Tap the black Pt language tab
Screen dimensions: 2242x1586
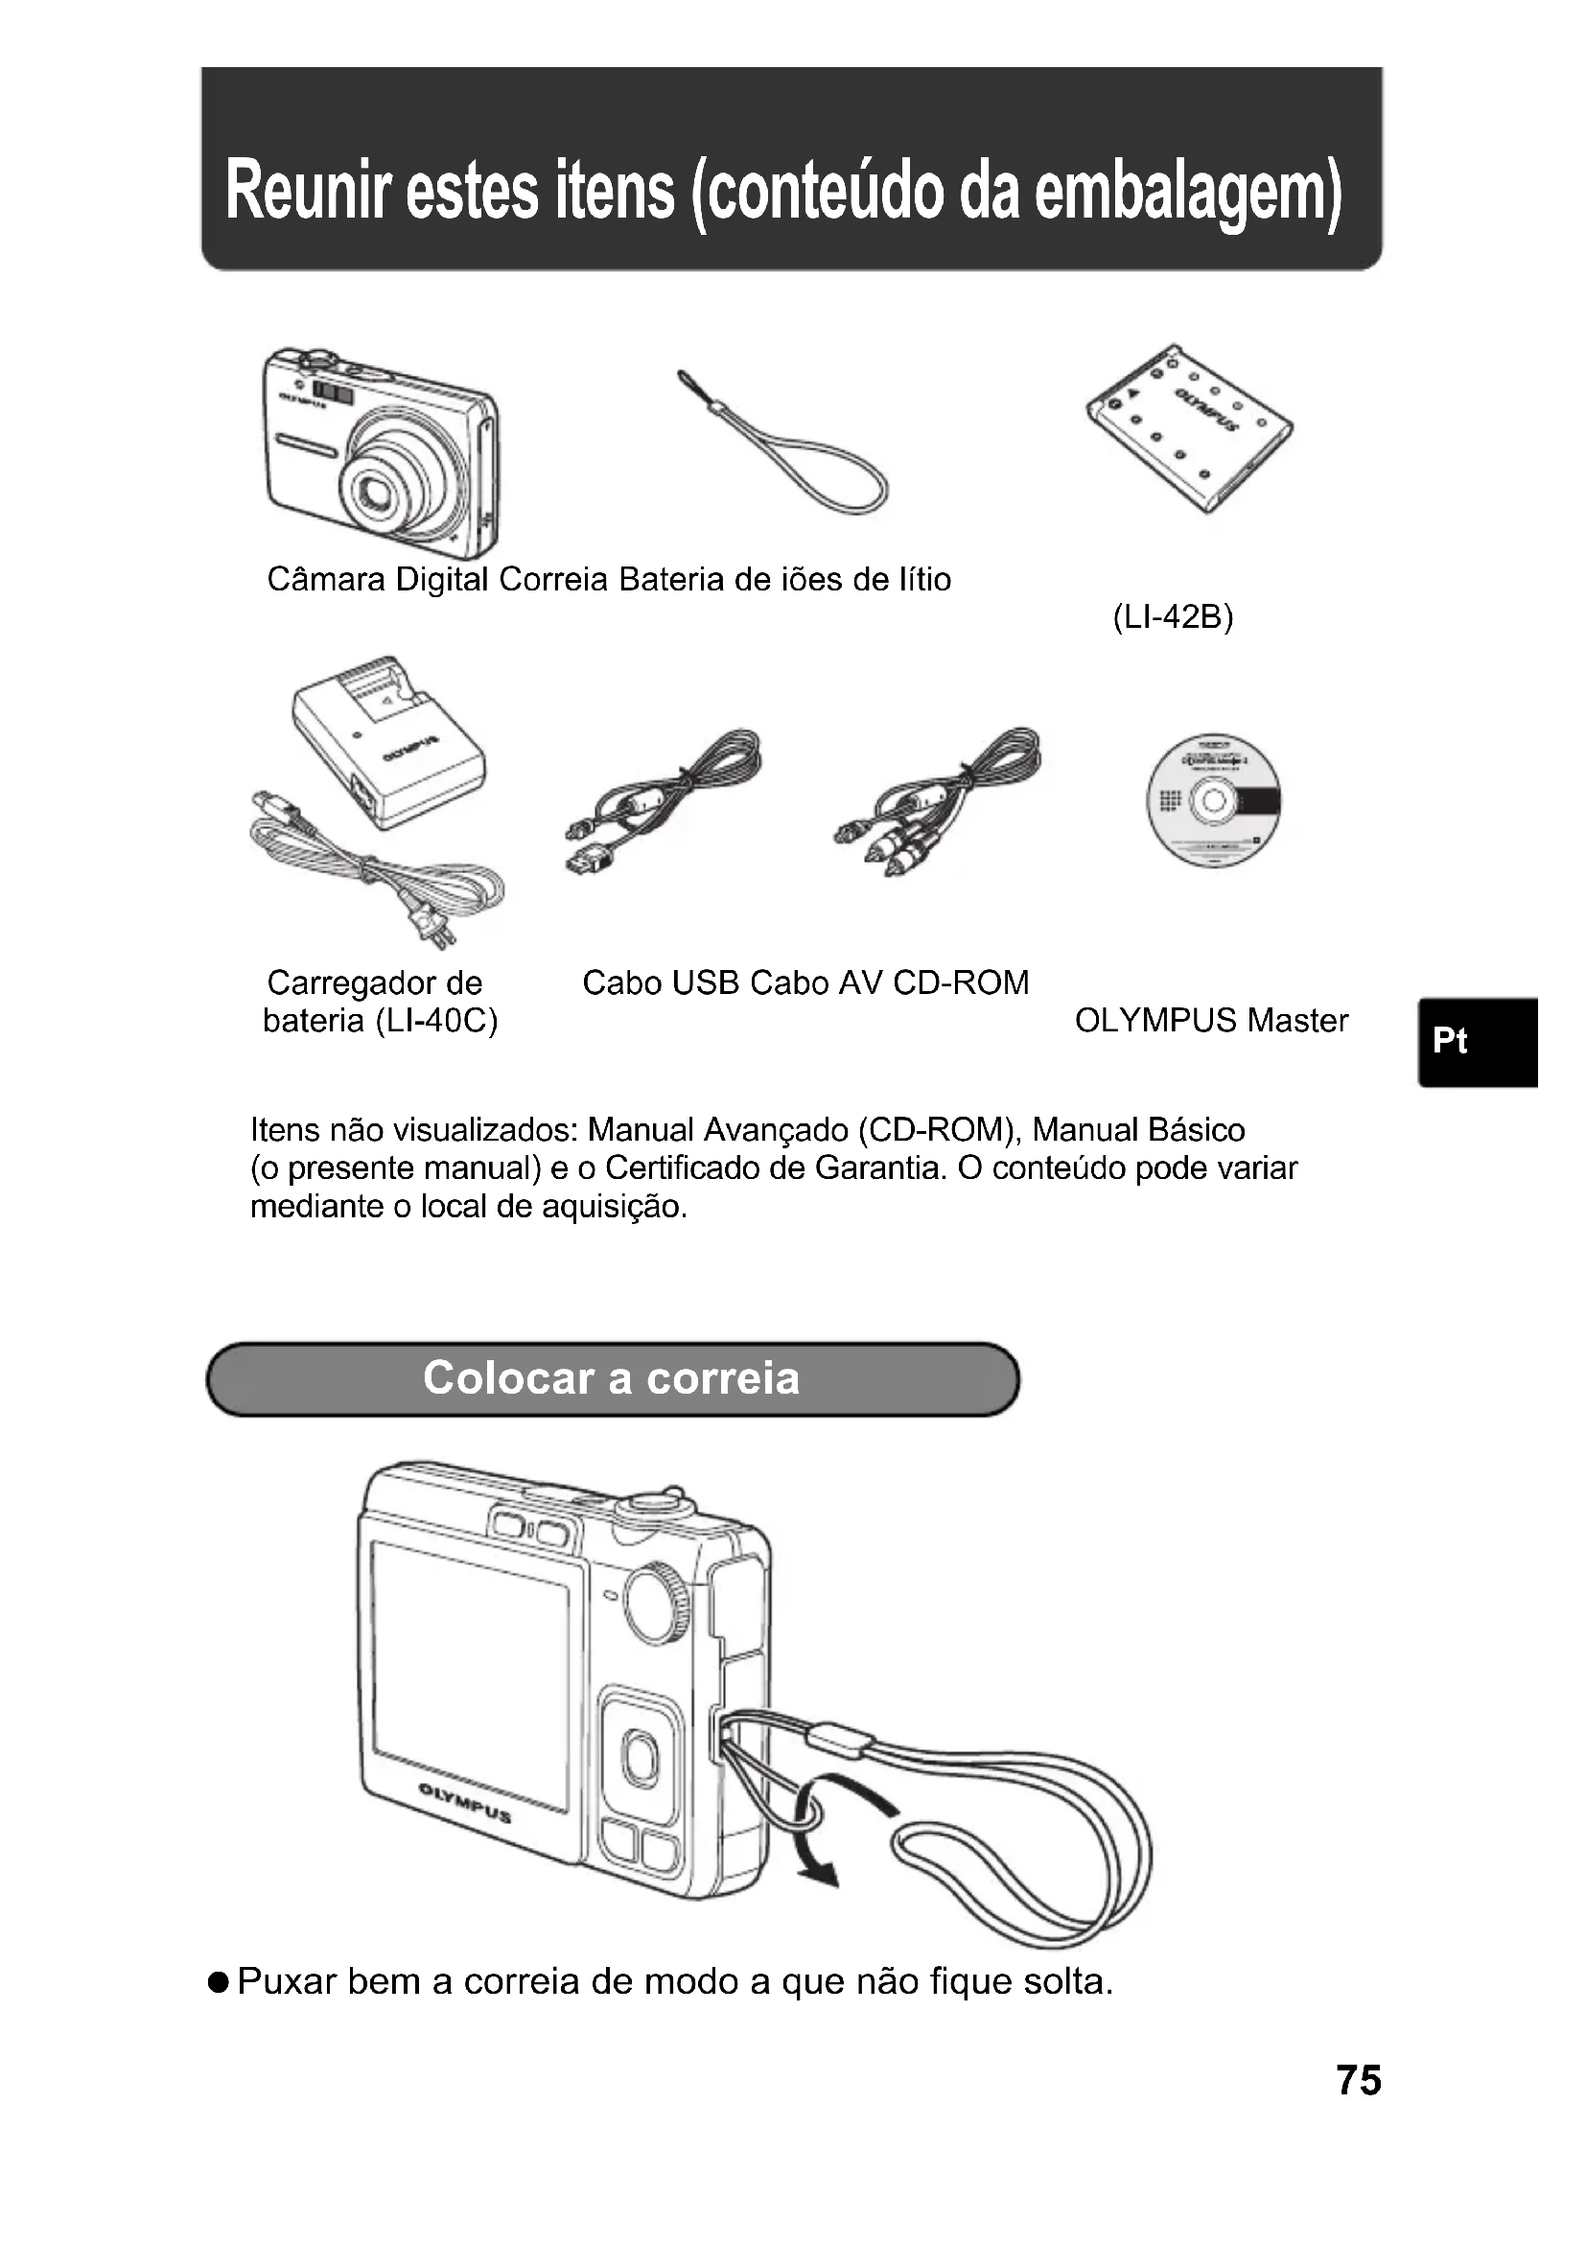click(1478, 1042)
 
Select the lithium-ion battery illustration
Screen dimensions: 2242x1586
click(1188, 429)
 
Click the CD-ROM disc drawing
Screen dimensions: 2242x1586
click(1213, 800)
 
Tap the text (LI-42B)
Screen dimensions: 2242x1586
click(1173, 617)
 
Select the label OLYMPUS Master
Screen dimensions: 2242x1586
click(1211, 1021)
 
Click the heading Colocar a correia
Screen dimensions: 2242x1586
click(612, 1377)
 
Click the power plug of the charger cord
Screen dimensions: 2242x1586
click(432, 926)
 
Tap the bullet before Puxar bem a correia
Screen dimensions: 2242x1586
click(219, 1982)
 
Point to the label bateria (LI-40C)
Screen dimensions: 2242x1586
click(381, 1021)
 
